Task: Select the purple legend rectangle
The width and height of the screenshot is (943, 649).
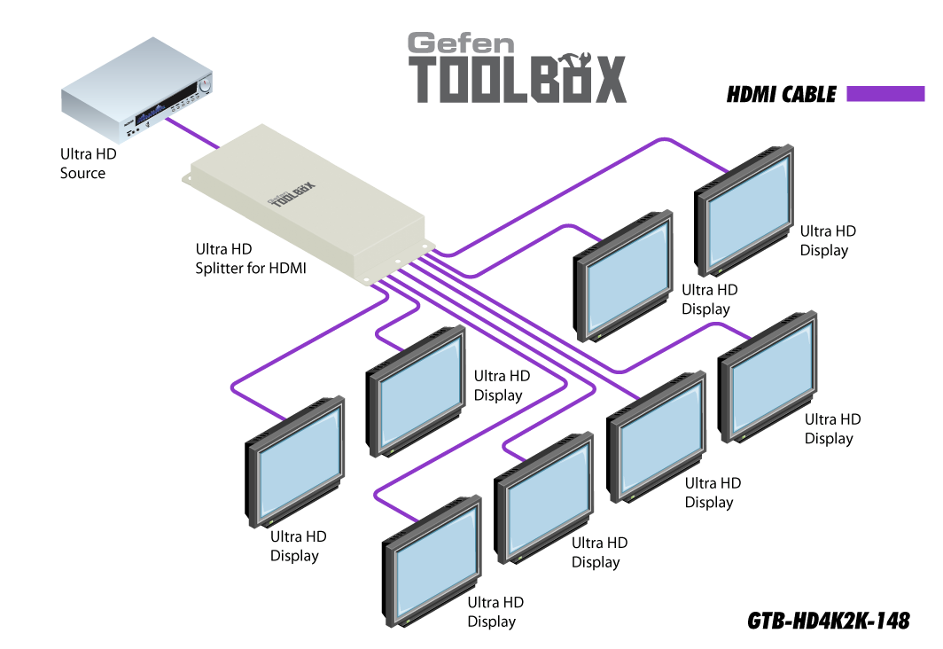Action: click(x=885, y=94)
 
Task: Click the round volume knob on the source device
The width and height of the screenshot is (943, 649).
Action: click(x=204, y=86)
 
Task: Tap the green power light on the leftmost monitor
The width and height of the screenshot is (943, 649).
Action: click(x=261, y=521)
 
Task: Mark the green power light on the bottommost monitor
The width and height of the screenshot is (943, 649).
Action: click(x=399, y=619)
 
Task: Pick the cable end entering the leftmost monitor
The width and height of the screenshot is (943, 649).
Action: click(x=285, y=418)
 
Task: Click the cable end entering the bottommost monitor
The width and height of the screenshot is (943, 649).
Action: click(x=417, y=520)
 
